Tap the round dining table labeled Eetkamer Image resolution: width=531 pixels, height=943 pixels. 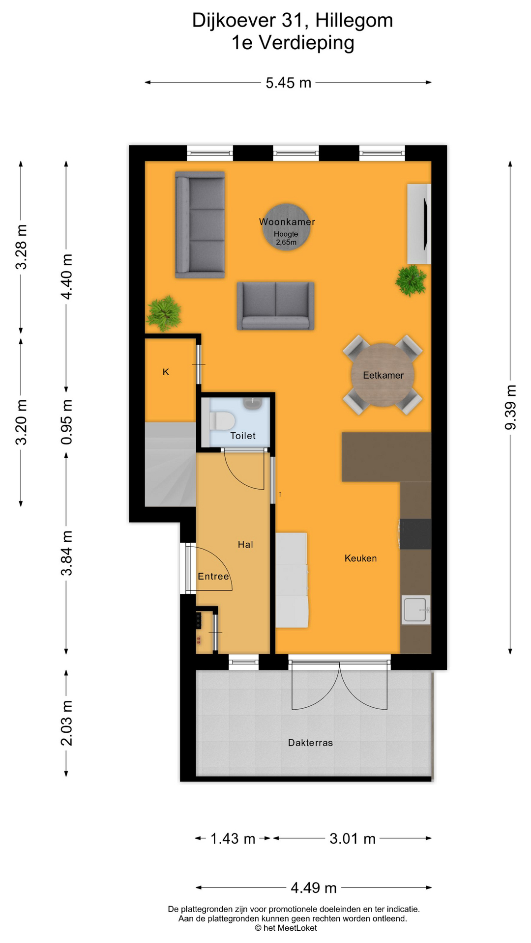(383, 375)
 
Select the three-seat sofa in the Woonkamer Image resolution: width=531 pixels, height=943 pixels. (200, 224)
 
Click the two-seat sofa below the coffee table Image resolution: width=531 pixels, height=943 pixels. (275, 305)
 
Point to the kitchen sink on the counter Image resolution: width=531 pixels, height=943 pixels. (415, 610)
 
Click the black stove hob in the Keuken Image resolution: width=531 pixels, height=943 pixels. (415, 534)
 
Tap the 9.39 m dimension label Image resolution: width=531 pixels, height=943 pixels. (510, 407)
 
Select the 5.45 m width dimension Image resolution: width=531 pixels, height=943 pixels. (288, 83)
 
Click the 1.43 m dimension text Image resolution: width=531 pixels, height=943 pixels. (233, 838)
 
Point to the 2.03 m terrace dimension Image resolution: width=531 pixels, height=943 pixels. (66, 723)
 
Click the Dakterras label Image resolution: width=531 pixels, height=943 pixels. (310, 743)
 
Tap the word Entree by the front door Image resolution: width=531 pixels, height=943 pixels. (213, 576)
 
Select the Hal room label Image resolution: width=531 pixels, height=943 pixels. (245, 544)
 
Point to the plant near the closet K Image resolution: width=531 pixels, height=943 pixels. (164, 313)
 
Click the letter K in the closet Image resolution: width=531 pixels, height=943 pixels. (166, 372)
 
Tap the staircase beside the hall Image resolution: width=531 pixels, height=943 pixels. (170, 464)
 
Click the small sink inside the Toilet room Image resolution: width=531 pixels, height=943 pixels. (252, 403)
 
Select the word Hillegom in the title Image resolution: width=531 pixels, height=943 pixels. (354, 20)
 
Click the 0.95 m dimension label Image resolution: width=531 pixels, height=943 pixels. (66, 422)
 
